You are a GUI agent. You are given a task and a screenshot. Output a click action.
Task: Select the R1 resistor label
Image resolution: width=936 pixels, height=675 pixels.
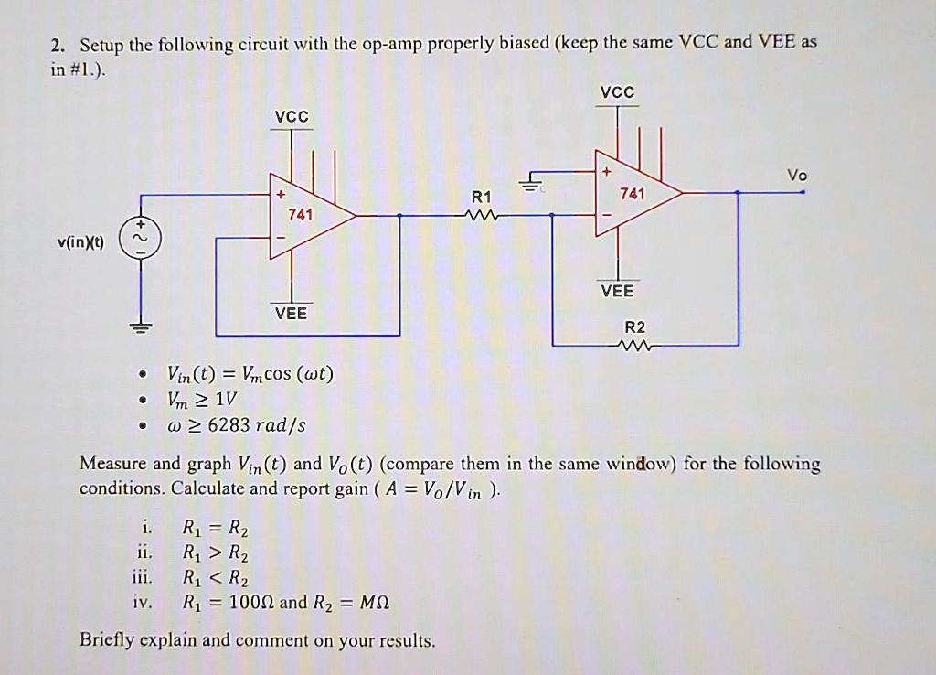(x=481, y=197)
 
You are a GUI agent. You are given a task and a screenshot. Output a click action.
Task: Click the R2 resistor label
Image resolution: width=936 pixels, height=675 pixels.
(x=634, y=327)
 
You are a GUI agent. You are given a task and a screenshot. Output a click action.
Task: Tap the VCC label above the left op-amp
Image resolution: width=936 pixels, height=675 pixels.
(x=292, y=117)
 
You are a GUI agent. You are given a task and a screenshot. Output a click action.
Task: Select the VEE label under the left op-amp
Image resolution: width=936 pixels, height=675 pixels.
(x=292, y=313)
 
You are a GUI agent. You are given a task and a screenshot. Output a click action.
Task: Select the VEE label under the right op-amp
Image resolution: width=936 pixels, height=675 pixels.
(x=616, y=291)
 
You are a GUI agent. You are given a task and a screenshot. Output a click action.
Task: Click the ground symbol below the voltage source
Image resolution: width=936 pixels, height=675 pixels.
(x=142, y=327)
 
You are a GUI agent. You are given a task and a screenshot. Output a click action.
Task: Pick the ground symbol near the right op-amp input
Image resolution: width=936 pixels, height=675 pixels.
(x=527, y=183)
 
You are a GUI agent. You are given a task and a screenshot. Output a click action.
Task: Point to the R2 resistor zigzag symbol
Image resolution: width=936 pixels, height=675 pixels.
(x=633, y=346)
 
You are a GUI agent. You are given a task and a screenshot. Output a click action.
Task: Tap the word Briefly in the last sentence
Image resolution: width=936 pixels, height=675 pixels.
(x=107, y=639)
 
